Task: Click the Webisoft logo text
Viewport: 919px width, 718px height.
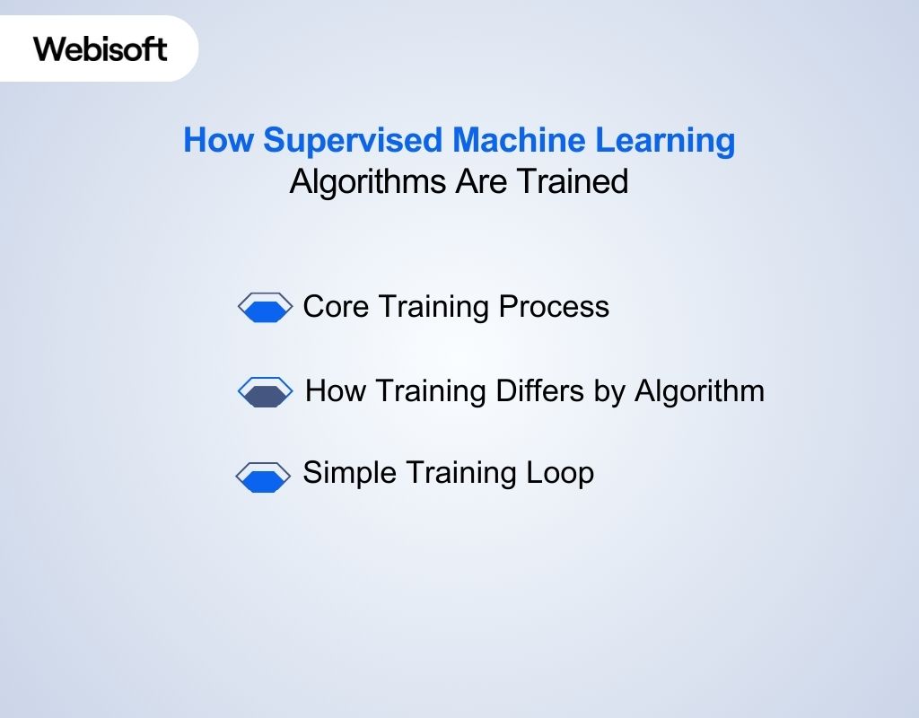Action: (101, 48)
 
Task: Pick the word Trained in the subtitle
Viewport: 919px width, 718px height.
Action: (572, 182)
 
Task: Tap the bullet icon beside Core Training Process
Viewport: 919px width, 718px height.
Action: (265, 308)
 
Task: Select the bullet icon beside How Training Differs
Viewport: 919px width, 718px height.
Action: (265, 392)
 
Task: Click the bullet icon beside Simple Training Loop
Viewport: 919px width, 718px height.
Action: (263, 477)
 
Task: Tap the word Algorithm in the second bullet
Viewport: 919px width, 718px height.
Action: (699, 391)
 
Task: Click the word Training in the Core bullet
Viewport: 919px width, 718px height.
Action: (433, 307)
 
